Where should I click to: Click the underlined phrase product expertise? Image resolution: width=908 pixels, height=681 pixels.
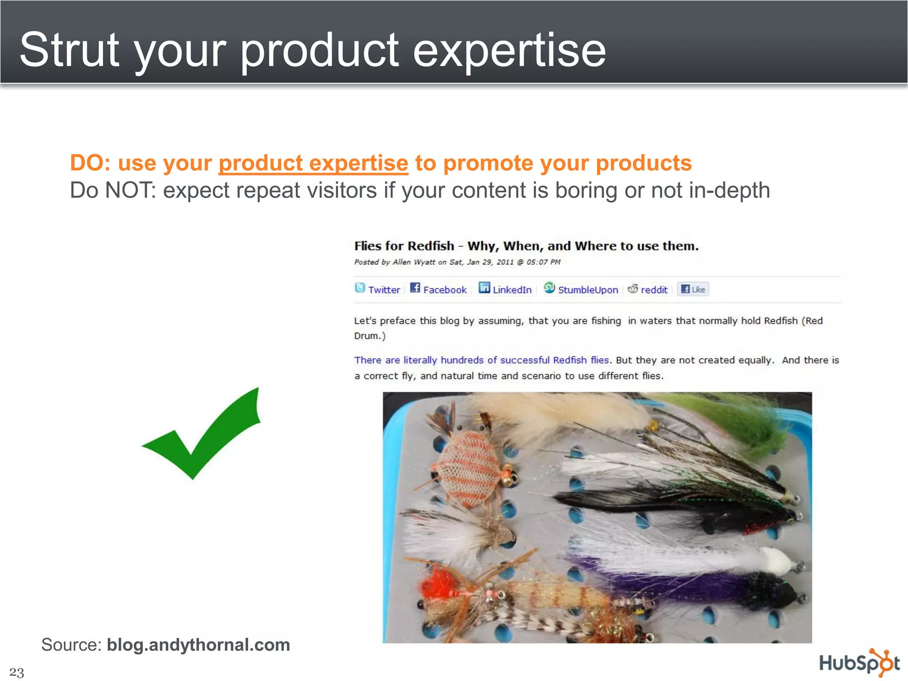pyautogui.click(x=313, y=163)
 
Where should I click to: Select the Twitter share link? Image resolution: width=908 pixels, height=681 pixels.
pyautogui.click(x=384, y=290)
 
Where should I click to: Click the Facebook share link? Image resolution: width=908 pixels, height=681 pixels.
pyautogui.click(x=444, y=290)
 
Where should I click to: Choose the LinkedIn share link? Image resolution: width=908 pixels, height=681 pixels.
pyautogui.click(x=512, y=290)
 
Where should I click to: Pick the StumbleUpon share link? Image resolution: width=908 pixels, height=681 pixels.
pyautogui.click(x=587, y=290)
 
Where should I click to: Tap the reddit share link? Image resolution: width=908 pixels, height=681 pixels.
pyautogui.click(x=654, y=290)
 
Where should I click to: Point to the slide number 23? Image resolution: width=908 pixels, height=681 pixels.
pyautogui.click(x=16, y=672)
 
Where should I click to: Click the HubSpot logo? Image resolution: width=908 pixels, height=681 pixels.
pyautogui.click(x=858, y=663)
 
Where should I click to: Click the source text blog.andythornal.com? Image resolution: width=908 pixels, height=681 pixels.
pyautogui.click(x=198, y=645)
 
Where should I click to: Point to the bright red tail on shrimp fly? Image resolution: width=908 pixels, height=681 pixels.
pyautogui.click(x=437, y=585)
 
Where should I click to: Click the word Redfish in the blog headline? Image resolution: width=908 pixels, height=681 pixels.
pyautogui.click(x=431, y=246)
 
